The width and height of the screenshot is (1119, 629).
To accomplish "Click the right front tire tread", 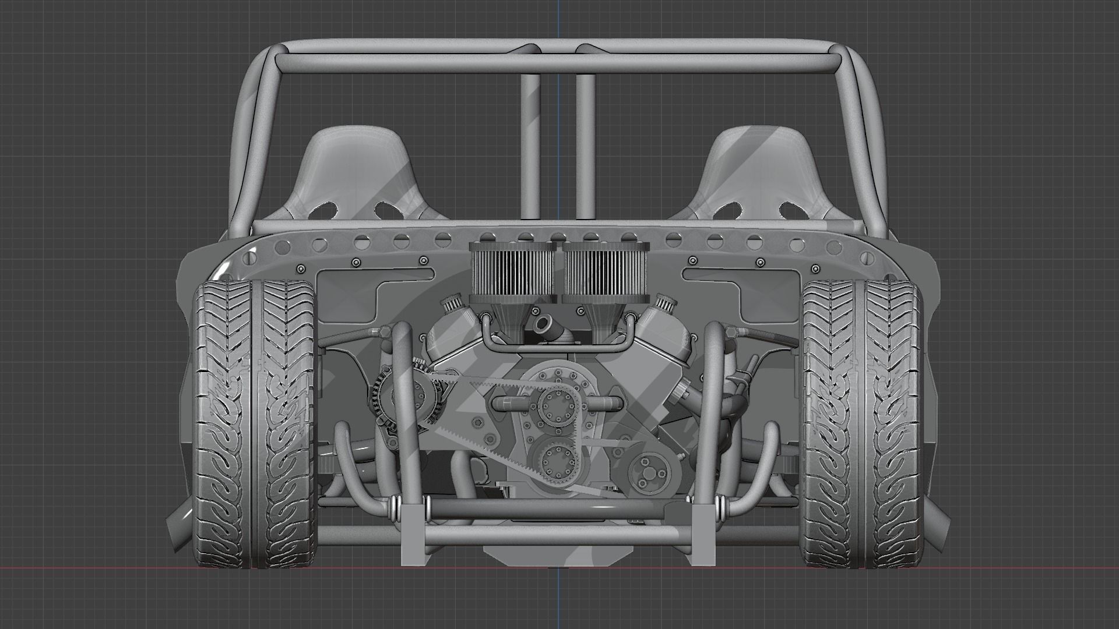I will (x=863, y=425).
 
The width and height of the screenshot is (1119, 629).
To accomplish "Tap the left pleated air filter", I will (x=512, y=270).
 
